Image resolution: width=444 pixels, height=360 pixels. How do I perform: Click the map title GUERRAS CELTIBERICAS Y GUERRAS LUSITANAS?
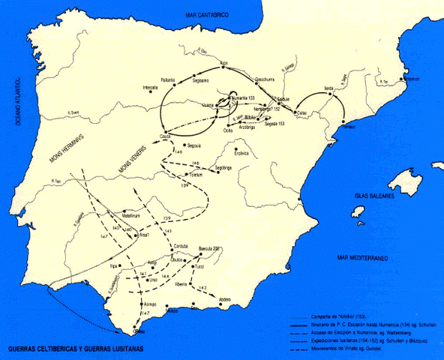[73, 349]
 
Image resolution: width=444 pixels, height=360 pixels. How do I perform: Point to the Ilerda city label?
[328, 88]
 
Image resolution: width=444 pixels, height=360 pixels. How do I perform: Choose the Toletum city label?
[197, 173]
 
